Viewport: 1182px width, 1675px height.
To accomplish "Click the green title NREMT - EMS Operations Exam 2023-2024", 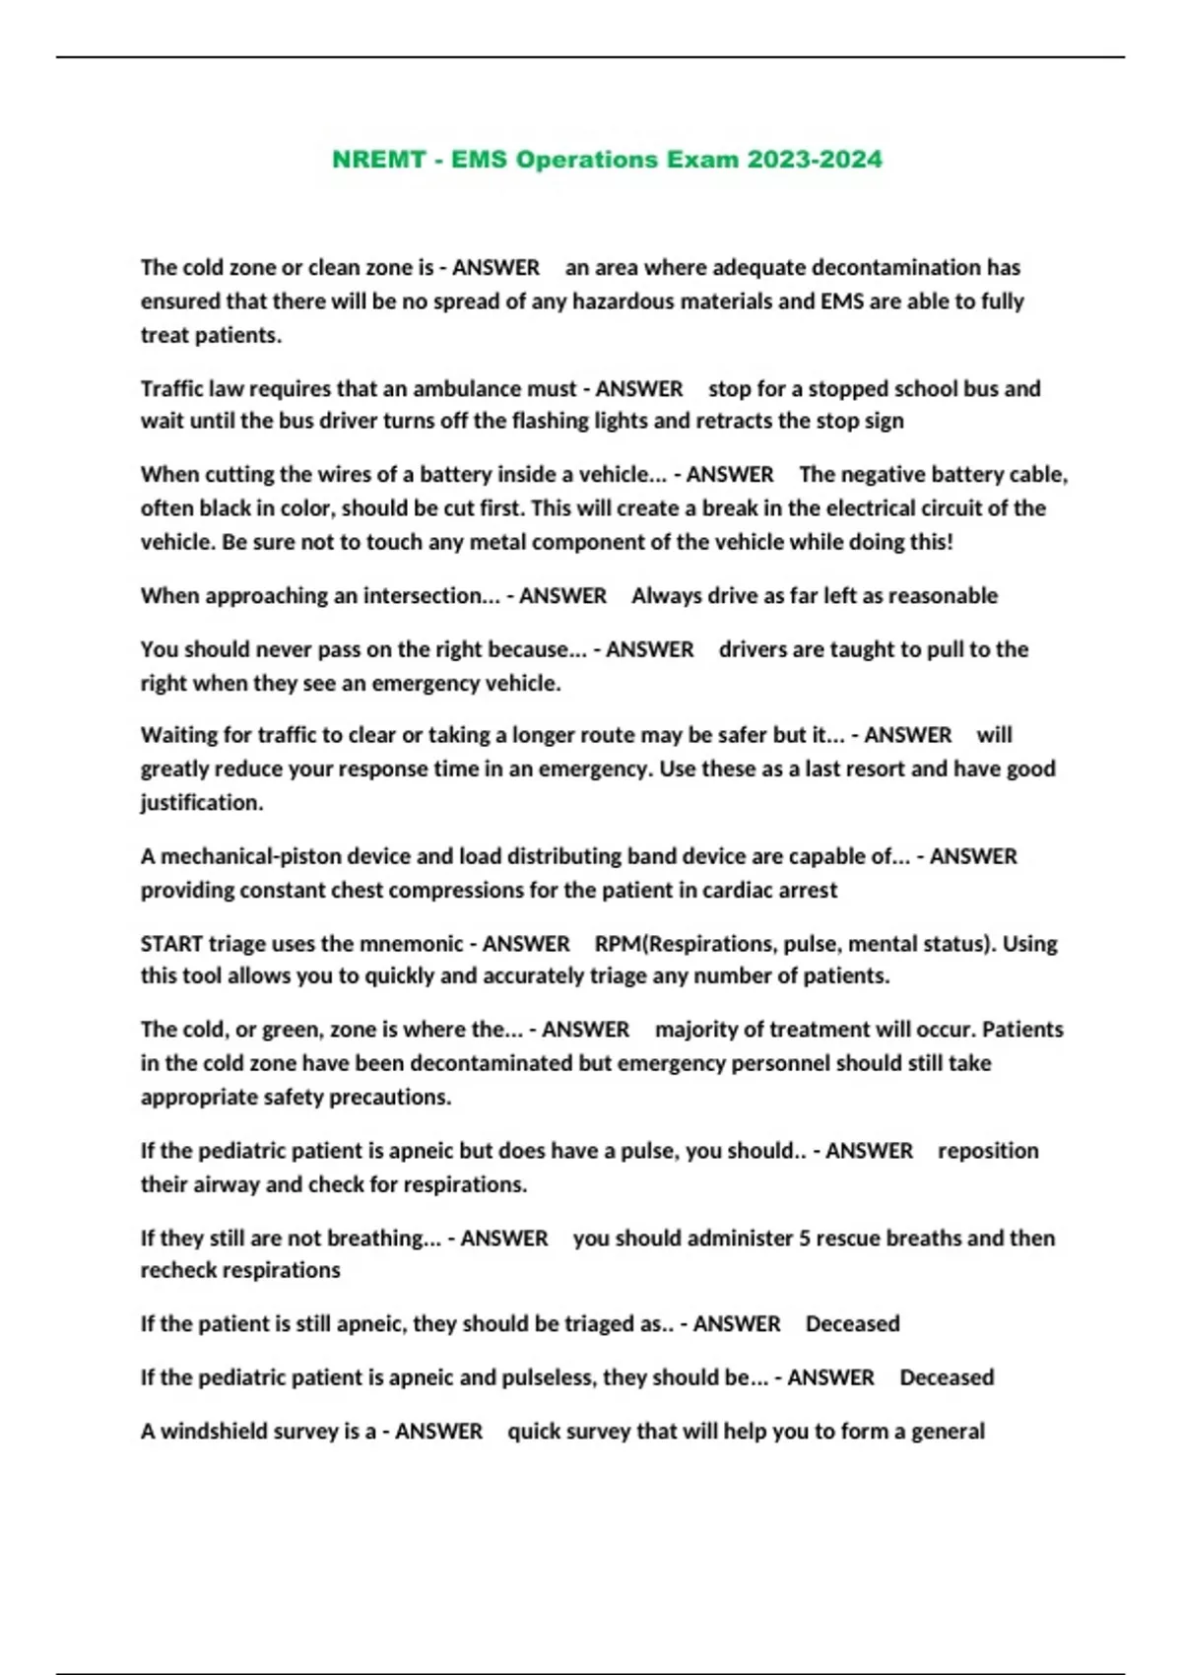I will coord(607,160).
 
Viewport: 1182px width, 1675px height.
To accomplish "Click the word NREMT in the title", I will coord(378,160).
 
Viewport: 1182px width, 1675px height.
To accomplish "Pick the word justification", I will coord(202,803).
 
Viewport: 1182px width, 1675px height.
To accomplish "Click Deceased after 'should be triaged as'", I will coord(852,1324).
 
